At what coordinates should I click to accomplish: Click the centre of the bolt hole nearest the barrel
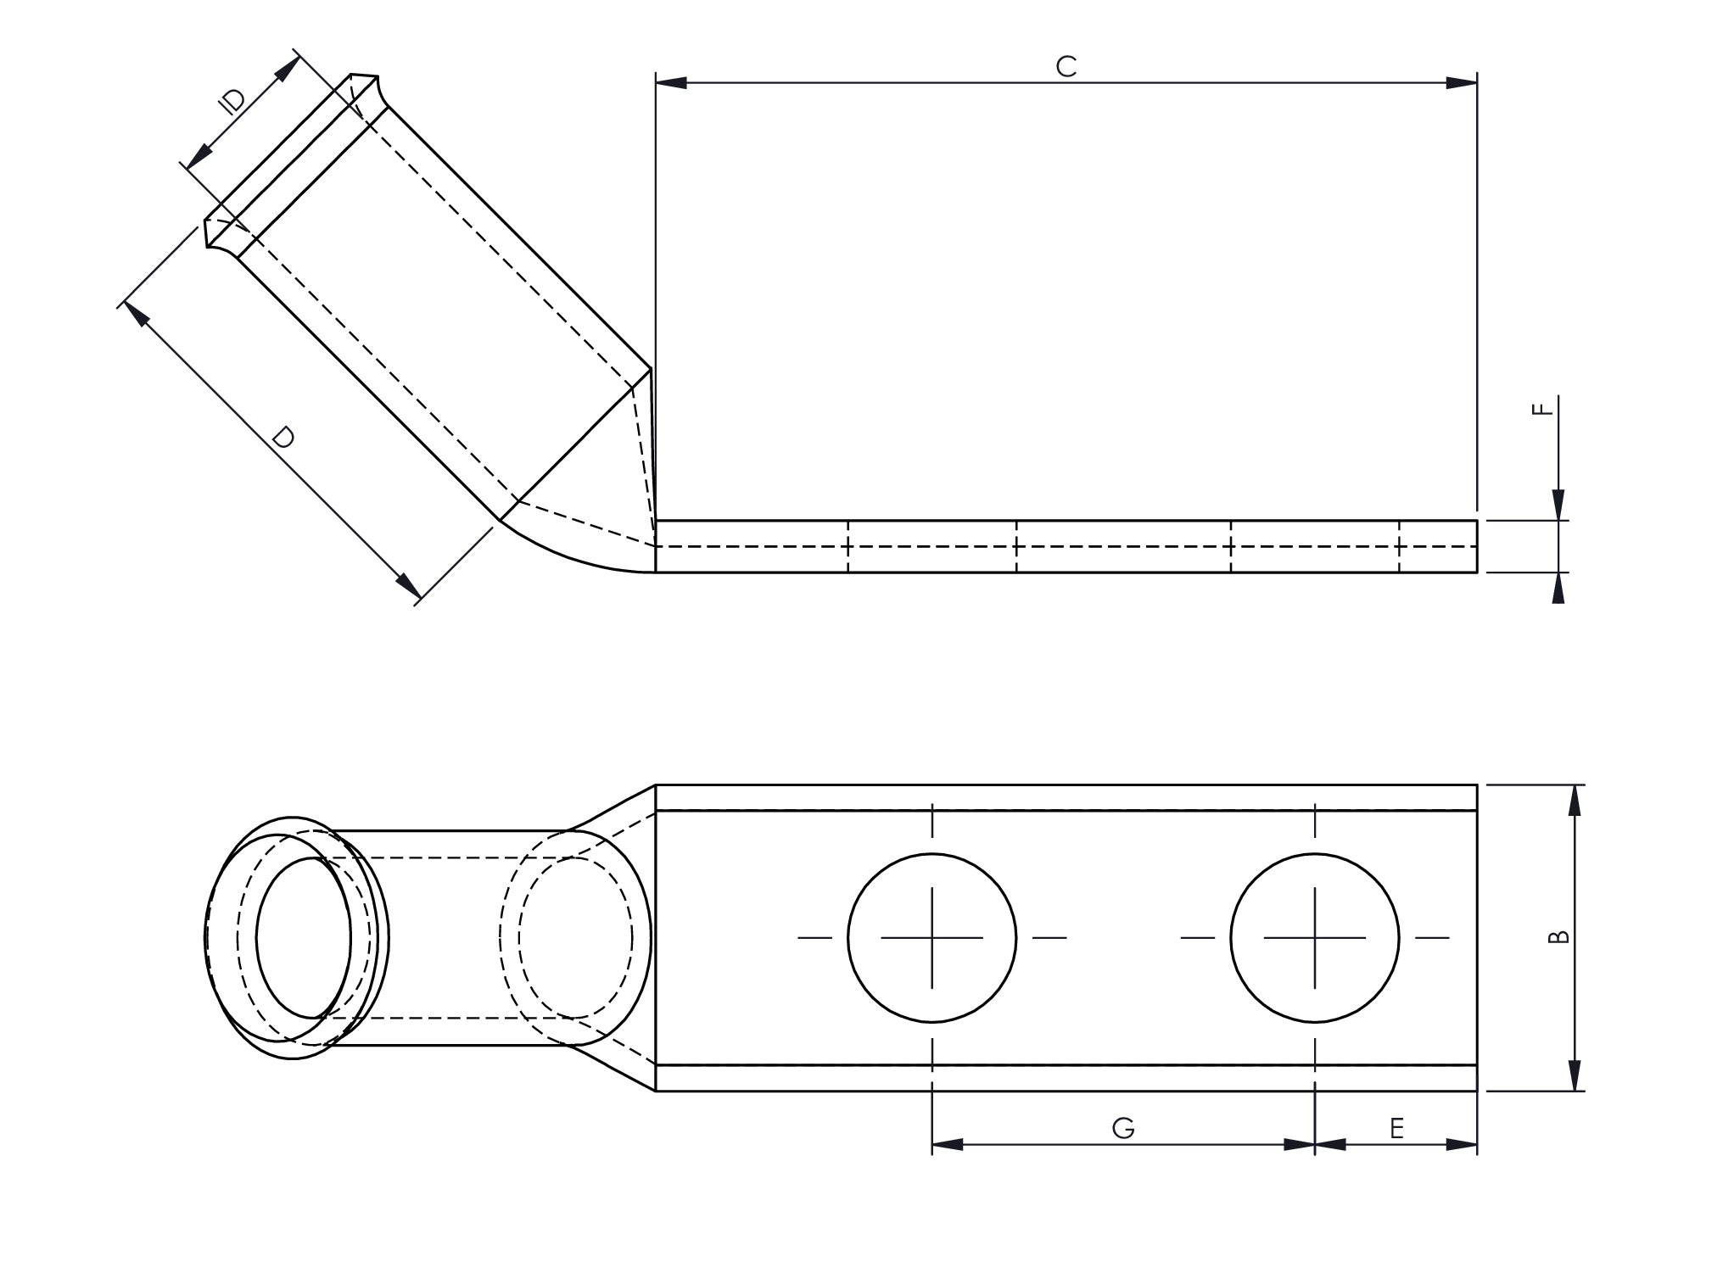(x=931, y=937)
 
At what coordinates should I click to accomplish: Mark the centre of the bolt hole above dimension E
(x=1314, y=937)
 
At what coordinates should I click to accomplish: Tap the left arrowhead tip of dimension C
(x=657, y=83)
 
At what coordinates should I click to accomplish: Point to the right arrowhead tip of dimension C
(x=1477, y=83)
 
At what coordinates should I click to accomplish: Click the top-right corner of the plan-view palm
(x=1477, y=785)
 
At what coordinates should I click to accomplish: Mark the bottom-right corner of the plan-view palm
(x=1477, y=1091)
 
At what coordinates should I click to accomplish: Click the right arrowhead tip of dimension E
(x=1477, y=1144)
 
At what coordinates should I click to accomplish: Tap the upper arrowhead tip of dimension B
(x=1575, y=785)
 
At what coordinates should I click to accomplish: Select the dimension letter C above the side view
(x=1066, y=66)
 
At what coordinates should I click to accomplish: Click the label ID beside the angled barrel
(x=232, y=101)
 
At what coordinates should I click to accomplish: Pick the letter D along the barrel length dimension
(x=283, y=438)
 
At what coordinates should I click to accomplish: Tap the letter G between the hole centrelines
(x=1122, y=1128)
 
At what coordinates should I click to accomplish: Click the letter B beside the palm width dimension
(x=1559, y=937)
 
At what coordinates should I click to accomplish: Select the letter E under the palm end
(x=1397, y=1128)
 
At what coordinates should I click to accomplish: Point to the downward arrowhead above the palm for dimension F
(x=1558, y=505)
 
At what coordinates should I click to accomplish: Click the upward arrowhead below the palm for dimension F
(x=1558, y=588)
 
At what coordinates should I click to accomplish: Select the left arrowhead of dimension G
(x=947, y=1144)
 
